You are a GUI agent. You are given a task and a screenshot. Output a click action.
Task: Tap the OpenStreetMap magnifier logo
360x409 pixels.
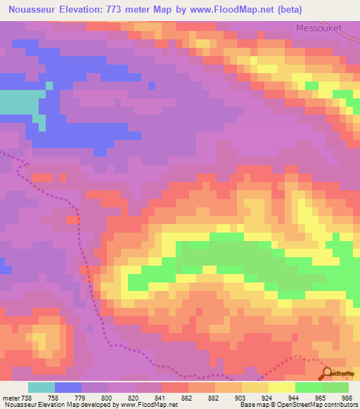pyautogui.click(x=327, y=373)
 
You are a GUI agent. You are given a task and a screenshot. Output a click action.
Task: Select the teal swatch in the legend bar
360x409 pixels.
pyautogui.click(x=41, y=387)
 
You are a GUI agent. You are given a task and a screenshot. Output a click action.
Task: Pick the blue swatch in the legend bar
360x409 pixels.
pyautogui.click(x=68, y=387)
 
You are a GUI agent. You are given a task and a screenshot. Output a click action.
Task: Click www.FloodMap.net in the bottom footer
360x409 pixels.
pyautogui.click(x=148, y=405)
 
